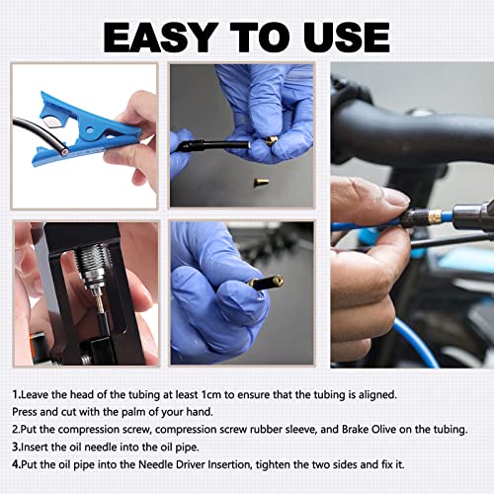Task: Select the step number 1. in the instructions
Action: click(x=18, y=394)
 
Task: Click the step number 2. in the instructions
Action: click(x=18, y=430)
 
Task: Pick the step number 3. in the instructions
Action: click(x=18, y=448)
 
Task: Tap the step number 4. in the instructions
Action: click(x=18, y=465)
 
